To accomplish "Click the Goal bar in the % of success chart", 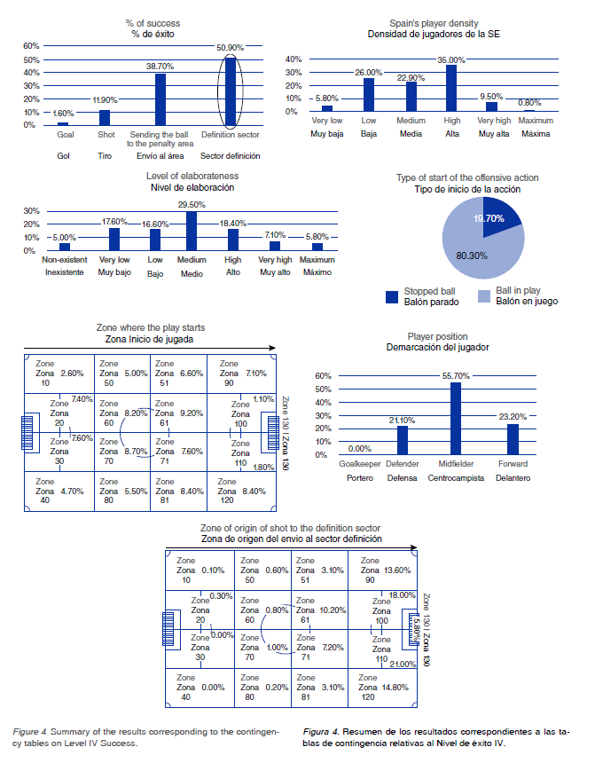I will tap(62, 123).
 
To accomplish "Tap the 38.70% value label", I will tap(160, 67).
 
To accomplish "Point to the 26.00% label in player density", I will tap(368, 72).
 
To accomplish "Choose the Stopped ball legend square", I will tap(392, 296).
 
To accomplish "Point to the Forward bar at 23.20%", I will tap(512, 438).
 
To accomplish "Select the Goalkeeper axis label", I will tap(360, 464).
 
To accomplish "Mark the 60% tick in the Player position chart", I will tap(322, 375).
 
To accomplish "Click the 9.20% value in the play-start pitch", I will tap(192, 413).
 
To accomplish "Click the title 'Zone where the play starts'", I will tap(145, 328).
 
